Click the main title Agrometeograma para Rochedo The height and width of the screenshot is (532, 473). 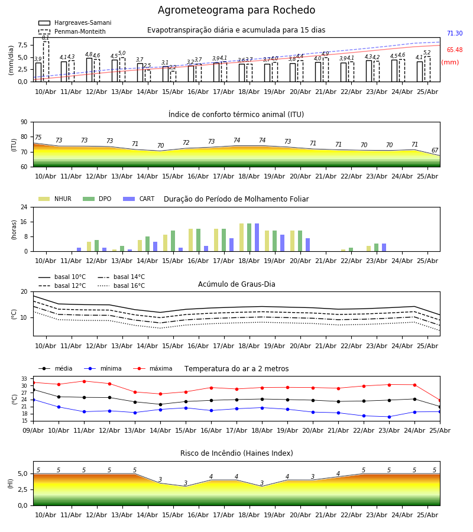237,10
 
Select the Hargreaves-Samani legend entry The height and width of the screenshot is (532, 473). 75,22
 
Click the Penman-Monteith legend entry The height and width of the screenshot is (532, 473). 72,31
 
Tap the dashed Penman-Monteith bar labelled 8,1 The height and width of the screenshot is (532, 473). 46,61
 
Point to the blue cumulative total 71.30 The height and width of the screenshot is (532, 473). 455,33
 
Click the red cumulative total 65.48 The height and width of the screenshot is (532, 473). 455,50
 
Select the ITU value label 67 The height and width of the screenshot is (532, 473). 435,150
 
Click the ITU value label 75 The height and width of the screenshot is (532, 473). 38,137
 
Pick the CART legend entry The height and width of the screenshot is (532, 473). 139,199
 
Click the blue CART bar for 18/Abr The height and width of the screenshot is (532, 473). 257,238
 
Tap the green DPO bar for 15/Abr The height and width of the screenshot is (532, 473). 173,241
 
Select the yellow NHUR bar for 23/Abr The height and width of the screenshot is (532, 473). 369,249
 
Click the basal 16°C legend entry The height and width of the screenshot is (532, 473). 121,286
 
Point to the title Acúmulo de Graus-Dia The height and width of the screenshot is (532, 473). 237,284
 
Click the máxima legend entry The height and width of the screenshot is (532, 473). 153,368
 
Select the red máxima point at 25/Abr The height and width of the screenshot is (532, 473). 440,401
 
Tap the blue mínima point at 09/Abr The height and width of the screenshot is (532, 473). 33,400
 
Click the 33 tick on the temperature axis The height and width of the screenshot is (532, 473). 24,379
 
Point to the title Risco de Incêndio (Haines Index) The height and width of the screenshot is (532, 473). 237,453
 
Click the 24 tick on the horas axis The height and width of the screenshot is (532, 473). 24,207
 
